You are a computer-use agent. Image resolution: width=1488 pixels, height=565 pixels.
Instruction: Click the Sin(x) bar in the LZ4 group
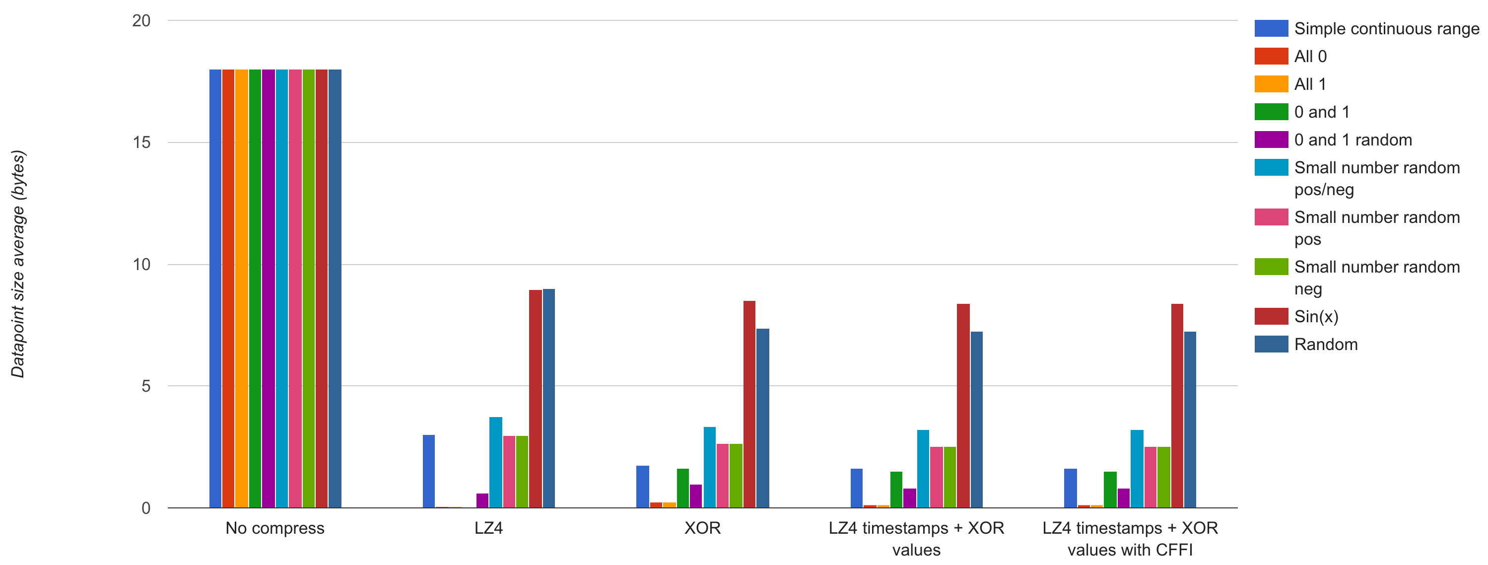point(536,399)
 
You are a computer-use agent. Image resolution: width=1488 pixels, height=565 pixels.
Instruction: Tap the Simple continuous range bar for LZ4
point(429,471)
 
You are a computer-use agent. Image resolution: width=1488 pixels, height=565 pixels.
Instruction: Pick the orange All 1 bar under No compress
point(241,289)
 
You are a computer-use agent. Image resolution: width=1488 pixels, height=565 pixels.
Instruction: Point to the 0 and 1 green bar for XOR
point(683,488)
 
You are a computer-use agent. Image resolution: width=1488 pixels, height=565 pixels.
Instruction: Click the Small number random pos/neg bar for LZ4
point(496,462)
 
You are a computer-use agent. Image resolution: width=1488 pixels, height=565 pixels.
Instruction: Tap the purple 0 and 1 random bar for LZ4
point(482,500)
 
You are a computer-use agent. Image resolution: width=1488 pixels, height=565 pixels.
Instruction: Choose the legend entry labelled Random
point(1326,345)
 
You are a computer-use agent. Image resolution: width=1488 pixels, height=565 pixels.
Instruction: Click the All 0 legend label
point(1310,57)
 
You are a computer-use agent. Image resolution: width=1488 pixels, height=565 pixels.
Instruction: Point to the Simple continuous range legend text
point(1386,29)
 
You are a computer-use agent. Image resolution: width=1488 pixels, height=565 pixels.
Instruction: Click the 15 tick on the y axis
point(141,142)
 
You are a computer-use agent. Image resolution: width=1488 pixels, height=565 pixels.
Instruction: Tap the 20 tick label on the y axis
point(141,21)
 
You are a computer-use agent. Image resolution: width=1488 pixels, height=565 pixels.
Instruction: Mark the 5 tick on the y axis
point(145,386)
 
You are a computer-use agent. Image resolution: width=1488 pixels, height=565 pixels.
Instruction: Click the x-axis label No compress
point(275,528)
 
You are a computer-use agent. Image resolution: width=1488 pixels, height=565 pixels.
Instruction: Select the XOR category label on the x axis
point(702,528)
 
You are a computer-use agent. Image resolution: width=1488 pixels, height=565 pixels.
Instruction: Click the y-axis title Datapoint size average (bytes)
point(18,264)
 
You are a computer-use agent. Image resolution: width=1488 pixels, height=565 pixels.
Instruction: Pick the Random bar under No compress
point(335,289)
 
